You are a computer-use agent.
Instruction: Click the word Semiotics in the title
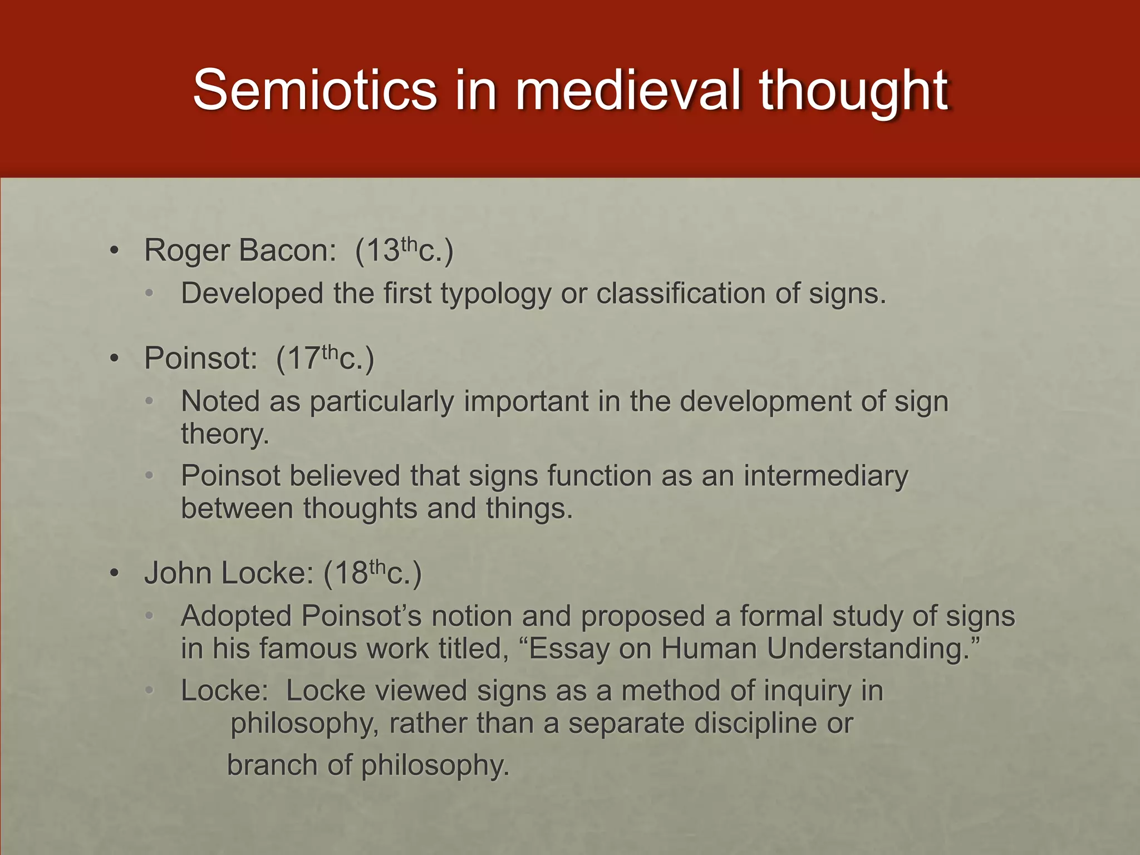(315, 90)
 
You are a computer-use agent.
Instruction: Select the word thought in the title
(854, 90)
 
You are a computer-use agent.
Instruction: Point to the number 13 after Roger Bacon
(383, 250)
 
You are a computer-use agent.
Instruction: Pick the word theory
(225, 434)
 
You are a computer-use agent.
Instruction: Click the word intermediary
(825, 476)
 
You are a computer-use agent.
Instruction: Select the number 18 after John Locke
(351, 573)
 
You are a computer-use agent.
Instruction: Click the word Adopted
(236, 617)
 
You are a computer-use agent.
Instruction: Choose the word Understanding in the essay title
(872, 649)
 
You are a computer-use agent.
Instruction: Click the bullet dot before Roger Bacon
(114, 251)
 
